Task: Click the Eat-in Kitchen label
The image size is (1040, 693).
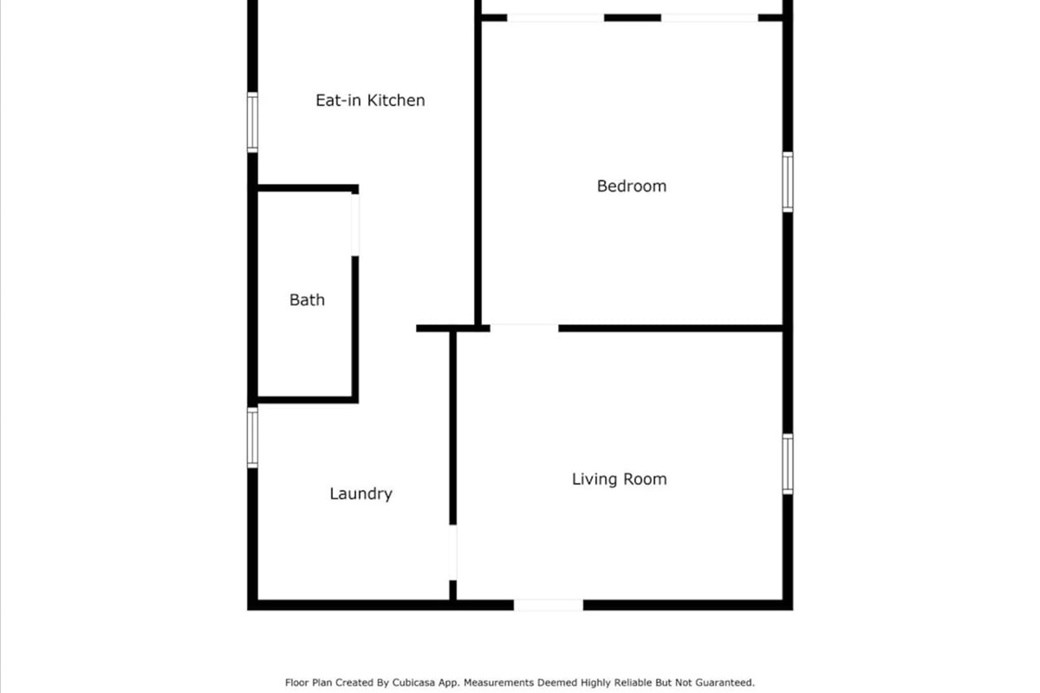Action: click(370, 100)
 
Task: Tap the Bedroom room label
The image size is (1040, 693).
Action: click(632, 186)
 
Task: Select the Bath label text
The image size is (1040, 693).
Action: click(307, 301)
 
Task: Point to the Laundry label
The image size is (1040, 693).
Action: click(361, 494)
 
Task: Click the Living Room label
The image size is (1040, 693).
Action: click(619, 479)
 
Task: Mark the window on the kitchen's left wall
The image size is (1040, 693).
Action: click(252, 122)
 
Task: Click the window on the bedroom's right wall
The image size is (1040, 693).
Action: click(787, 181)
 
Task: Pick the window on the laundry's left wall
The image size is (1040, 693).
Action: click(252, 437)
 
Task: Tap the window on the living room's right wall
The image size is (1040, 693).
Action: click(787, 463)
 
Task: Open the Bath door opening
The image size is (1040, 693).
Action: click(354, 224)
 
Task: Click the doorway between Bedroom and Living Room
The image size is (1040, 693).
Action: click(524, 327)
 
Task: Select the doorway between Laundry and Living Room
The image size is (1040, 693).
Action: click(452, 552)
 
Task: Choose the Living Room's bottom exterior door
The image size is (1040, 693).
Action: click(548, 605)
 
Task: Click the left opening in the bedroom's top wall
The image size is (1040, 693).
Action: click(555, 17)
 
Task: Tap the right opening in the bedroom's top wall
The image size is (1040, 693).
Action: click(710, 17)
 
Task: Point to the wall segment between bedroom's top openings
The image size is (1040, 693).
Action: click(632, 17)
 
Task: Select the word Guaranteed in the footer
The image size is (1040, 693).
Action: click(725, 683)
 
